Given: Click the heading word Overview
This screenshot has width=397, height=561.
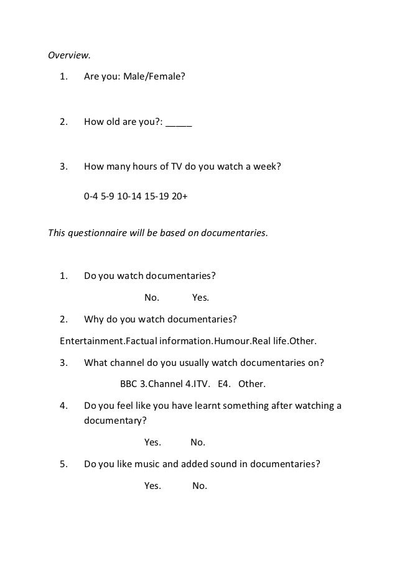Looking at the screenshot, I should [69, 55].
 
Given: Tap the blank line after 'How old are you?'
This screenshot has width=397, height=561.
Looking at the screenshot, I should [179, 122].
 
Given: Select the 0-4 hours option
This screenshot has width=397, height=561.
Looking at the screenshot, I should [91, 196].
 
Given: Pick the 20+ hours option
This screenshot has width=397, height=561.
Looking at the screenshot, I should [180, 196].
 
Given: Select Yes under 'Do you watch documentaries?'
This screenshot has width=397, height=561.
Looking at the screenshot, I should [200, 297].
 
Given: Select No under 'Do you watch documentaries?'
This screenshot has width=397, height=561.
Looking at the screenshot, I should [152, 297].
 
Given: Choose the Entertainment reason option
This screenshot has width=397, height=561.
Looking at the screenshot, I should [88, 341].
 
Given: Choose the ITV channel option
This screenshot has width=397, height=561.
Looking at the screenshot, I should [202, 384].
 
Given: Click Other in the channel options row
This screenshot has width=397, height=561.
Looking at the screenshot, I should [252, 384].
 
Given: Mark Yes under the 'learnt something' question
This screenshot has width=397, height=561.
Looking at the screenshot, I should [152, 442].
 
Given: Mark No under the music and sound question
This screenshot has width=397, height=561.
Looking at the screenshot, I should [200, 486].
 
